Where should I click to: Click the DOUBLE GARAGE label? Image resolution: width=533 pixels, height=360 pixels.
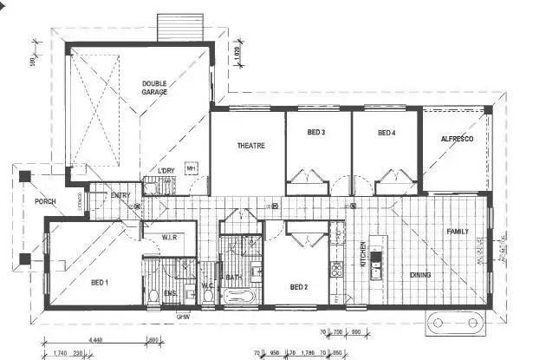point(154,88)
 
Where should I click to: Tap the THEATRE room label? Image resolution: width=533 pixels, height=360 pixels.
point(250,145)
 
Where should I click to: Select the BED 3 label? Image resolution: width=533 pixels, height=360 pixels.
point(316,133)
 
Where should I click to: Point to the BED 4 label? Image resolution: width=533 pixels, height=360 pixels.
point(386,133)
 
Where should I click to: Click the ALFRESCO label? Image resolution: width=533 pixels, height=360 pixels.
point(456,139)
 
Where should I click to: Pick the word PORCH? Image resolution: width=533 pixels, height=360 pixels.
point(44,202)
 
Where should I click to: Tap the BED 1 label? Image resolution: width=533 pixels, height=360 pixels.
point(99,283)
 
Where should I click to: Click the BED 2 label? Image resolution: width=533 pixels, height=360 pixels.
point(299,286)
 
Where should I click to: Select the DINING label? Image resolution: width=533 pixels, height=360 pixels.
point(420,275)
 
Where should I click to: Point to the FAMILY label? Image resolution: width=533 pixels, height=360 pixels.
point(457,232)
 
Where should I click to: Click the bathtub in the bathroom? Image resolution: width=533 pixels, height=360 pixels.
point(237,298)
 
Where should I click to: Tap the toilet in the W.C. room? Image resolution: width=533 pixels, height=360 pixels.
point(208,293)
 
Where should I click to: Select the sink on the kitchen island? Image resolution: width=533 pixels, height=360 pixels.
point(375,257)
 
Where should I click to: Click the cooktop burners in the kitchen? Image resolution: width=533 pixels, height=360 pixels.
point(336,270)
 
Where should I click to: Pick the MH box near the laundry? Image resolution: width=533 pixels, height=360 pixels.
point(191,167)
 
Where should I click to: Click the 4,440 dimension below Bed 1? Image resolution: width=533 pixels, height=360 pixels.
point(96,339)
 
